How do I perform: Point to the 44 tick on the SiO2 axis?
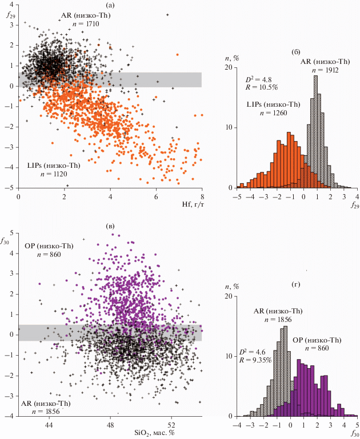[x=49, y=425]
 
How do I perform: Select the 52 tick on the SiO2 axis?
[x=172, y=425]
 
